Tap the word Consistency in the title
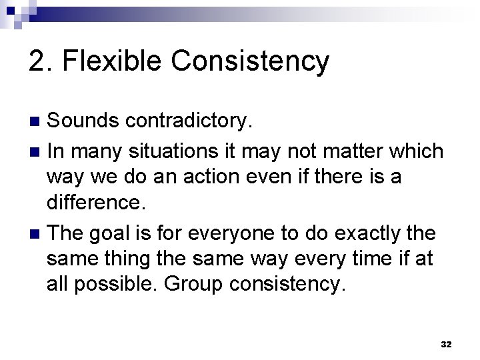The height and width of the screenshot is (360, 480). point(250,61)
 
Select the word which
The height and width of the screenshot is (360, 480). point(415,151)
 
